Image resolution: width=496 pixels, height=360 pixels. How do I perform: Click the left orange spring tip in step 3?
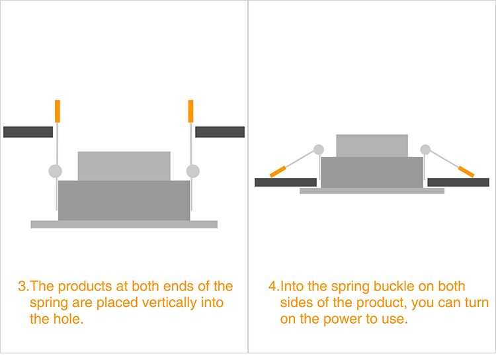pos(58,111)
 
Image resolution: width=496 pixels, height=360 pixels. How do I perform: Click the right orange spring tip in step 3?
pos(190,111)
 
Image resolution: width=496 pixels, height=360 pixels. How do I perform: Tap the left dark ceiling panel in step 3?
pos(28,132)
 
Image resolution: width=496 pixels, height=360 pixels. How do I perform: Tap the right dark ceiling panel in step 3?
pos(220,132)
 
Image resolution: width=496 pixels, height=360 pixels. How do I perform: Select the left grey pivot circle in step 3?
pos(56,171)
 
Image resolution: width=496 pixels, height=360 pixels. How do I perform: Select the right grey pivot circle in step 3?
pos(193,171)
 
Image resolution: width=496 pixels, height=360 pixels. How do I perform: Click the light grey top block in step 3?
pos(124,166)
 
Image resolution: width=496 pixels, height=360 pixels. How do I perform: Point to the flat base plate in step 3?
pos(124,224)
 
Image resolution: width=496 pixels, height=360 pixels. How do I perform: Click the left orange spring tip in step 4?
pos(278,171)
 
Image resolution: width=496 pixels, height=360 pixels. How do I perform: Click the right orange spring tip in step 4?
pos(466,171)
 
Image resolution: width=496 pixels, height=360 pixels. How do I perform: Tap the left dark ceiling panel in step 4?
pos(286,183)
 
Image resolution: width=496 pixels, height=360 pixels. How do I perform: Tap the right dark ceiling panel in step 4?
pos(458,183)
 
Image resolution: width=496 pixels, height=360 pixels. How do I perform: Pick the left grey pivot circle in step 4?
pos(319,150)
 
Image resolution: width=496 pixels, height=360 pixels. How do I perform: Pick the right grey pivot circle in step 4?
pos(425,150)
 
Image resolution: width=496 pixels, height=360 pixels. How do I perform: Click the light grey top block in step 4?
pos(372,146)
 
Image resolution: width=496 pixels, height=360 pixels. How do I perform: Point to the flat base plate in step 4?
pos(372,191)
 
